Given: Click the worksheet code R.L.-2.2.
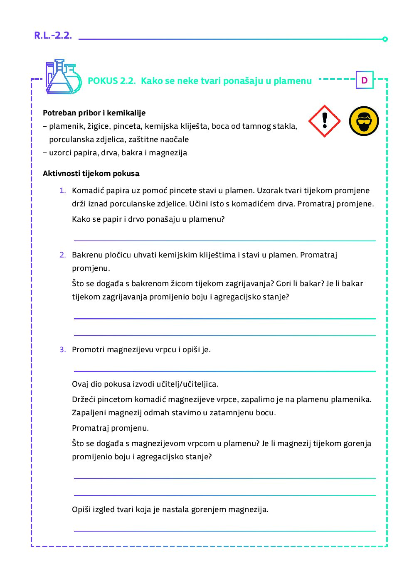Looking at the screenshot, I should coord(53,35).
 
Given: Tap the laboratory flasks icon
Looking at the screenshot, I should coord(64,77).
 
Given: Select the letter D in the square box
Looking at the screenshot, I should coord(365,80).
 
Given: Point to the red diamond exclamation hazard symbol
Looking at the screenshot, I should coord(325,121).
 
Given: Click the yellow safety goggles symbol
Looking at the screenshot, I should coord(364,121).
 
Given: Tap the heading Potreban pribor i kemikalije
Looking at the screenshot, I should coord(94,113).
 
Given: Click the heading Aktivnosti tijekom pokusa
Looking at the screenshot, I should coord(91,174).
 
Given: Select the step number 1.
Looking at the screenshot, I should coord(62,191).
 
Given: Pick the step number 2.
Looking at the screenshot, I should coord(62,255).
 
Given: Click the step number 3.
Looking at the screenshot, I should coord(62,350).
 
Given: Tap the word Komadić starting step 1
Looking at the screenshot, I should coord(88,191).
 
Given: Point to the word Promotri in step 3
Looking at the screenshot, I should coord(88,350).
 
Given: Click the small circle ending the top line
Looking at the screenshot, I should coord(385,39).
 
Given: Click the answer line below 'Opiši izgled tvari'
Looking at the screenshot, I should coord(224,531).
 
